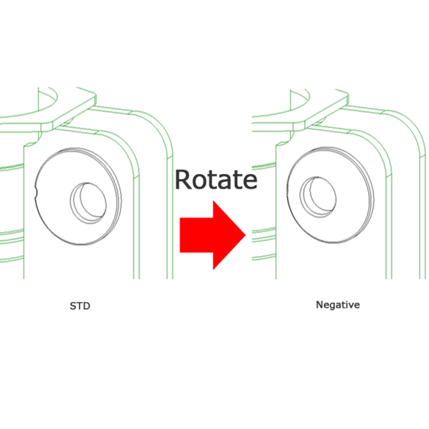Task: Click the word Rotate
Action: (x=216, y=180)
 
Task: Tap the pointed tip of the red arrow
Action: (x=245, y=235)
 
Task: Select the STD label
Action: (x=80, y=307)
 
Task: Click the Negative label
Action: (x=338, y=305)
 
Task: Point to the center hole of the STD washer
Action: (x=88, y=201)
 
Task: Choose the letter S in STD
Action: (x=73, y=307)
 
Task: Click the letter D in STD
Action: (x=87, y=307)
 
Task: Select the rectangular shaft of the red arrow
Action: (x=196, y=235)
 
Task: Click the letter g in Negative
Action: (x=332, y=306)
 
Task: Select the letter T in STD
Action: (x=80, y=307)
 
